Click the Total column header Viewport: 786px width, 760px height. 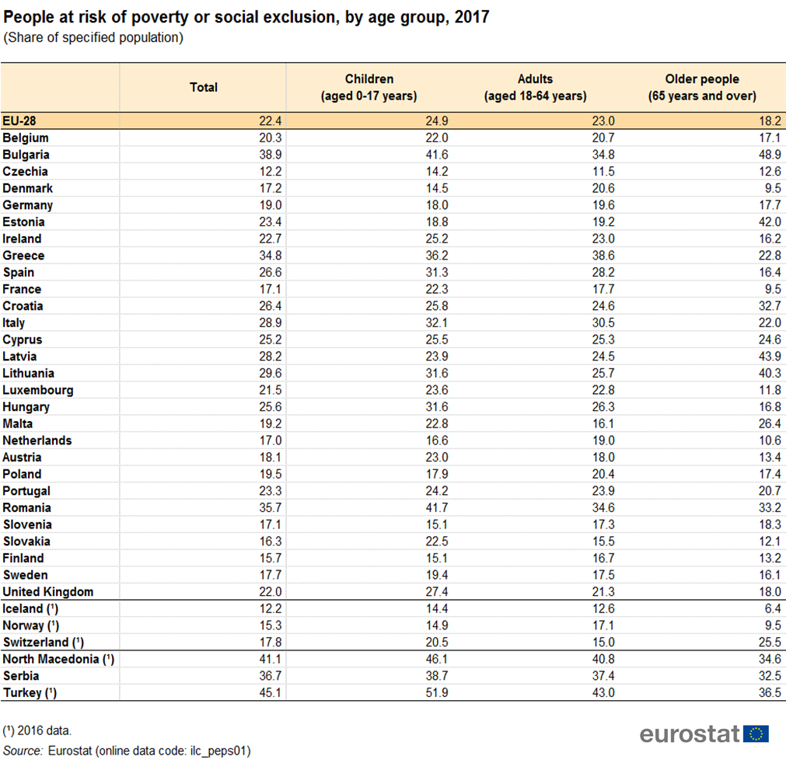coord(204,87)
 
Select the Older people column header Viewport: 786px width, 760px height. coord(702,87)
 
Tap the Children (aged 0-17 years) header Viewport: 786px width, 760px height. coord(369,87)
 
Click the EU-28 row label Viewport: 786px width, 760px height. coord(19,120)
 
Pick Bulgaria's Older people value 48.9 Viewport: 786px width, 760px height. coord(770,155)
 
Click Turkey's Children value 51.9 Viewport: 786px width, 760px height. coord(437,692)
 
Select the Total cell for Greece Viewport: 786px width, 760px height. coord(271,256)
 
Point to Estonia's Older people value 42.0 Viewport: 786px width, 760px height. coord(770,222)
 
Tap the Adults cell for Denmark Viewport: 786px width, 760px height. coord(603,188)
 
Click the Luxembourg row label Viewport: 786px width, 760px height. coord(38,390)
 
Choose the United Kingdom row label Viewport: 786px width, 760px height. coord(48,591)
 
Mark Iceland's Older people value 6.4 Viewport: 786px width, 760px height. coord(773,608)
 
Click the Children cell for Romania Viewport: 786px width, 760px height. coord(437,507)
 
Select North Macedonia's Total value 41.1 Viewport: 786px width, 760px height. coord(271,659)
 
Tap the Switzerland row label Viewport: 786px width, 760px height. coord(43,642)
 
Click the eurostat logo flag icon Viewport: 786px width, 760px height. coord(756,734)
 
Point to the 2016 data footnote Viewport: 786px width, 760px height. coord(37,730)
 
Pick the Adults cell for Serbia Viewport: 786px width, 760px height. coord(603,676)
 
